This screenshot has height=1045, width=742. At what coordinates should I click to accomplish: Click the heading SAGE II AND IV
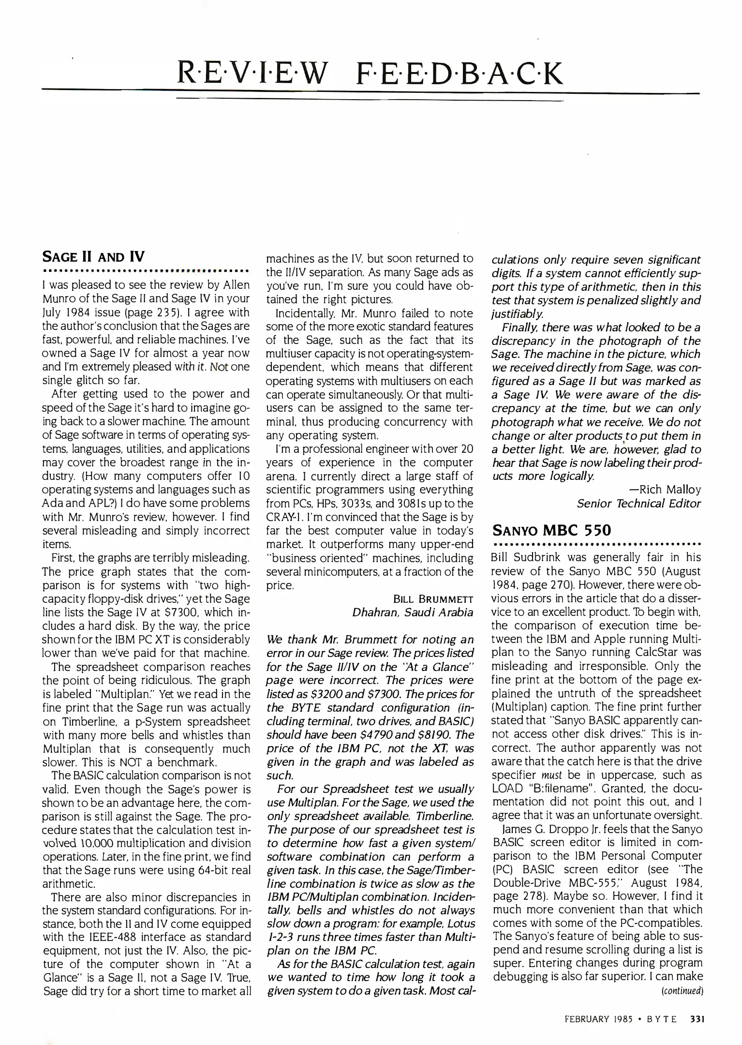94,256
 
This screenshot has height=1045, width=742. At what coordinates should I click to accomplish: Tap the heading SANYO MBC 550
551,530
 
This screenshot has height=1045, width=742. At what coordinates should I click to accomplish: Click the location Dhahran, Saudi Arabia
412,612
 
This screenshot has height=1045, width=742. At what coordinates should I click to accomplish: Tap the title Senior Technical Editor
638,504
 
